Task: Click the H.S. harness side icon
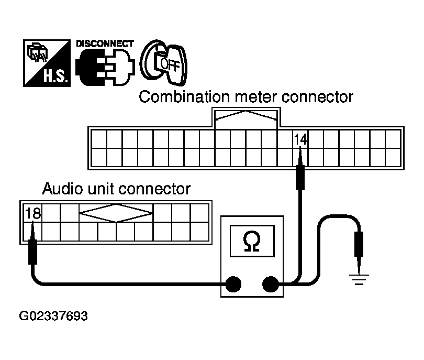[47, 63]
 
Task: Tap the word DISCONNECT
[105, 43]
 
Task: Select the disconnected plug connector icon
[105, 67]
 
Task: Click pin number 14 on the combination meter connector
[300, 139]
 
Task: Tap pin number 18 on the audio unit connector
[33, 213]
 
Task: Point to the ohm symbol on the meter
[252, 241]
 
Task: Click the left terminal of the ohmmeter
[233, 284]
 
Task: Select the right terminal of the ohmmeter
[271, 284]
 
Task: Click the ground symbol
[359, 279]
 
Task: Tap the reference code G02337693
[53, 316]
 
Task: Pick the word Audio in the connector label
[62, 189]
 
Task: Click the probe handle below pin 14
[300, 178]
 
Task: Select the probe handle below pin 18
[33, 252]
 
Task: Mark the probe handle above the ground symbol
[359, 244]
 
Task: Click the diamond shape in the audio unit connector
[116, 213]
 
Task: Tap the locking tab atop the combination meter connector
[246, 118]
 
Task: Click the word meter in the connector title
[256, 97]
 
